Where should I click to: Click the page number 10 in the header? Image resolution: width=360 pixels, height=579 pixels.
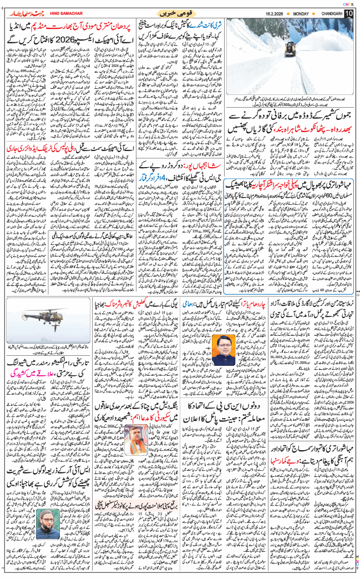coord(347,12)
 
